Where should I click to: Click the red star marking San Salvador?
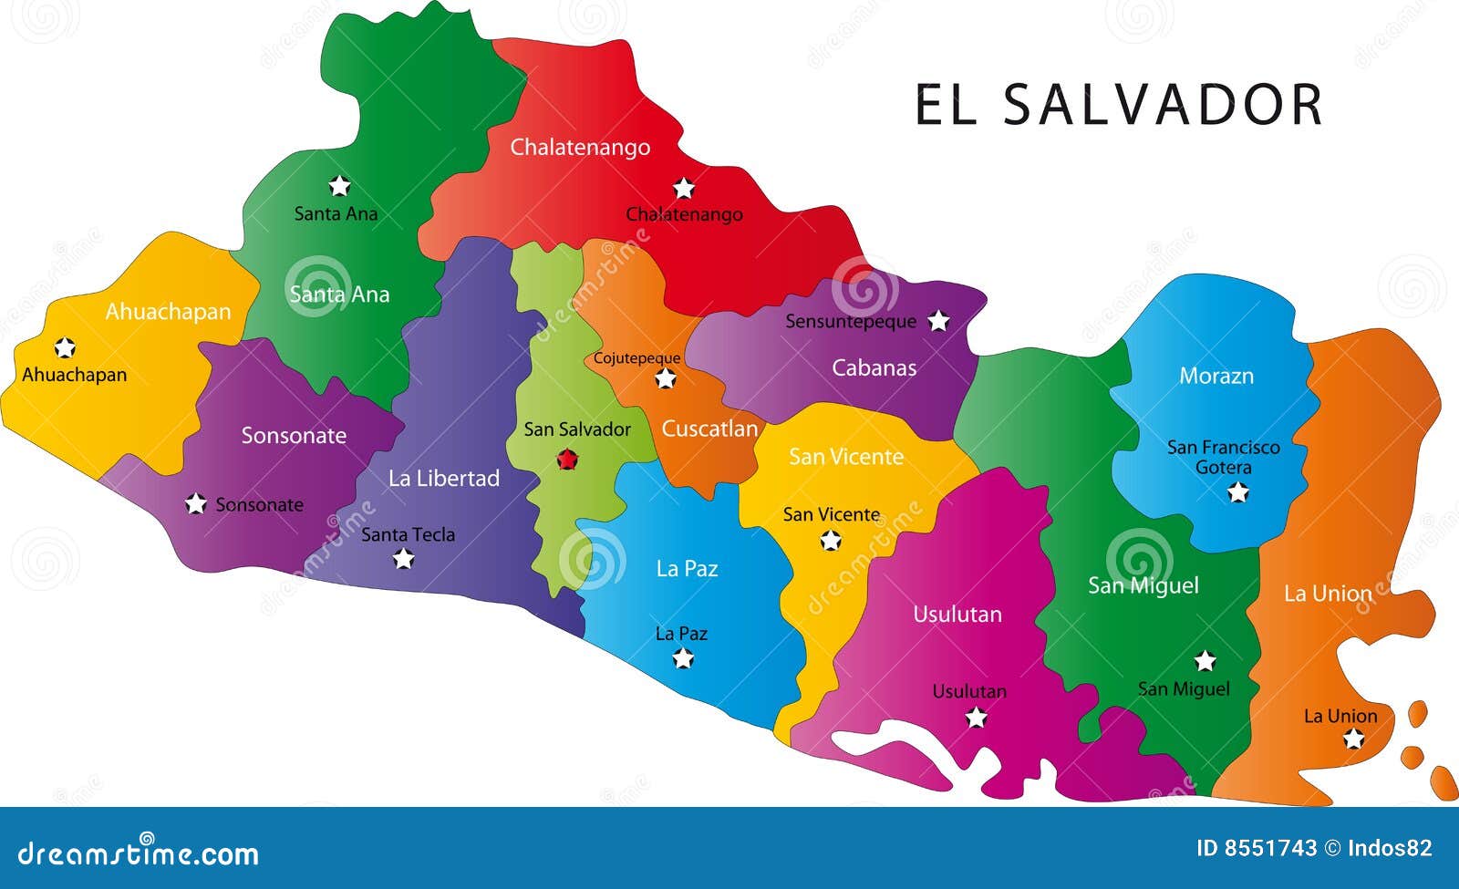pos(567,460)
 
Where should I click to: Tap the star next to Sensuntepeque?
pos(938,321)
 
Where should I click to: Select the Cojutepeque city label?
pos(636,358)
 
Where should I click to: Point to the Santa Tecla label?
pos(408,534)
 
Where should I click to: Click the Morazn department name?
pos(1216,376)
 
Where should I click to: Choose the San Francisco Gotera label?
pos(1223,457)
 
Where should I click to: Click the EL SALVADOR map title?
pos(1118,105)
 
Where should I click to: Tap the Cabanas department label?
pos(874,367)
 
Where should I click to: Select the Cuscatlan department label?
pos(709,429)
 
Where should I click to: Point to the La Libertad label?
pos(444,478)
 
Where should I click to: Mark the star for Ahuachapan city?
pos(65,347)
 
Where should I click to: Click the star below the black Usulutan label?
pos(976,718)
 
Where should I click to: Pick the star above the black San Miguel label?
pos(1205,661)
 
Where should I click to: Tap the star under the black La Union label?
pos(1353,739)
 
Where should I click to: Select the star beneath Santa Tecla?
pos(403,559)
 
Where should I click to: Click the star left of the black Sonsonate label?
pos(195,503)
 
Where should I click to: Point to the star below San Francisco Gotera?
pos(1237,492)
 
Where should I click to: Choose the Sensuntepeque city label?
pos(850,321)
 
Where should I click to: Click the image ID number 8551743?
pos(1268,849)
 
